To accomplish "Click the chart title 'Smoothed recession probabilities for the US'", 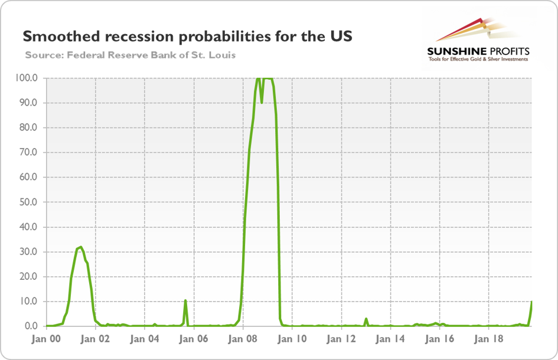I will (x=187, y=37).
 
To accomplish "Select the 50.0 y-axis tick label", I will (x=29, y=202).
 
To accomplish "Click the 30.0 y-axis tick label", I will (x=29, y=251).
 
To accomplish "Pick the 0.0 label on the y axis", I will (x=31, y=326).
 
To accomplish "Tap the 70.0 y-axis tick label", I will (x=29, y=152).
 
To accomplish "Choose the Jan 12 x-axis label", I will (x=341, y=339).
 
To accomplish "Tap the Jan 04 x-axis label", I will (x=145, y=339).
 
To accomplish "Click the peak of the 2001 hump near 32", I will (x=80, y=247).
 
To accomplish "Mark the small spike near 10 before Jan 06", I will (x=185, y=300).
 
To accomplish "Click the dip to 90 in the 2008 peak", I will (x=262, y=102).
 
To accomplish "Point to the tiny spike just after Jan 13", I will (x=366, y=319).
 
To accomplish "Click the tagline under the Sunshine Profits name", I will (x=478, y=59).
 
